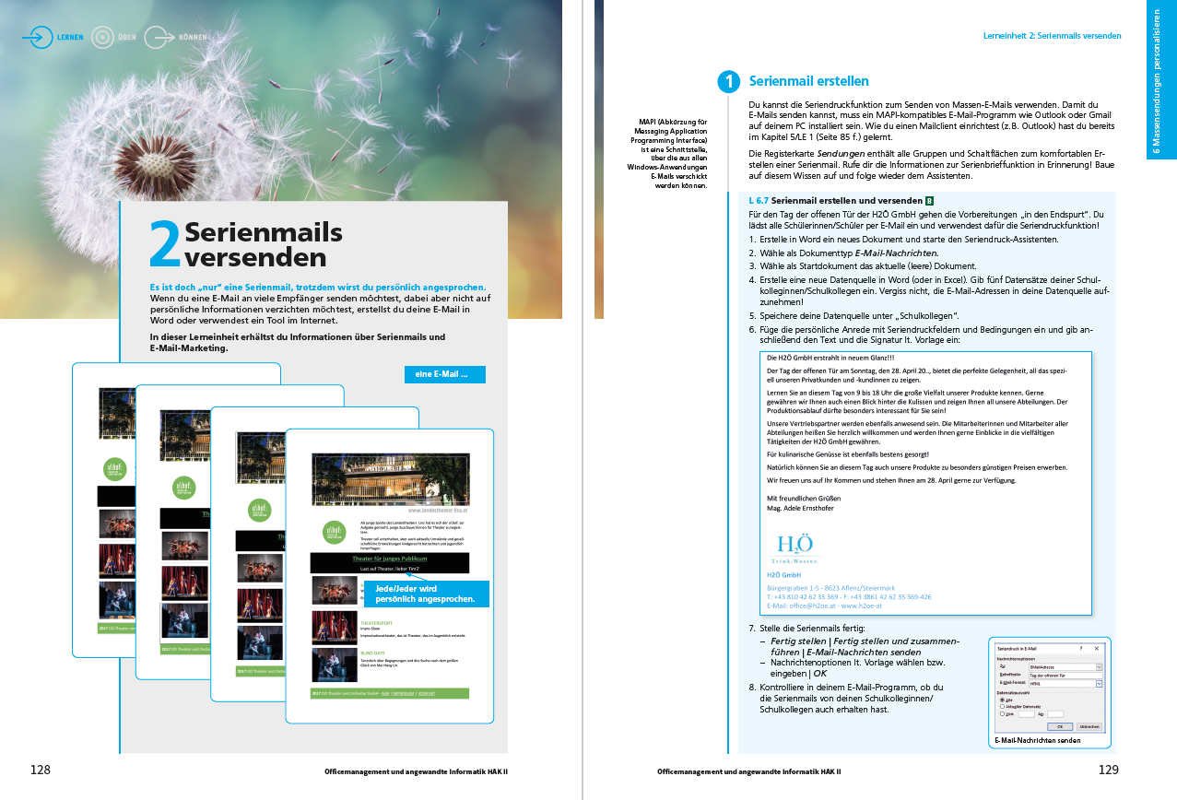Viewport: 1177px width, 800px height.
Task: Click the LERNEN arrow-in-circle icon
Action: (x=38, y=38)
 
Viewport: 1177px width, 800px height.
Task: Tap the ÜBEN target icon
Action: (x=102, y=38)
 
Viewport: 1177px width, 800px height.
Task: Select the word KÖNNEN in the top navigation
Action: (x=194, y=38)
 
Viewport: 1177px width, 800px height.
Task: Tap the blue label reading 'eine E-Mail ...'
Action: (x=443, y=374)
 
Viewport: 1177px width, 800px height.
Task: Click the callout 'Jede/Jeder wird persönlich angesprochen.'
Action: (x=426, y=594)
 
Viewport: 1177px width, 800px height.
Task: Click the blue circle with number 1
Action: (x=729, y=82)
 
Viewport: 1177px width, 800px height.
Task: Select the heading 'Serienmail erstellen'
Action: (x=808, y=82)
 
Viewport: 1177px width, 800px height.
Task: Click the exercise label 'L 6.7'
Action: (x=759, y=200)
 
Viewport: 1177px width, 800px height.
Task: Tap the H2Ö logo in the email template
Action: (x=794, y=547)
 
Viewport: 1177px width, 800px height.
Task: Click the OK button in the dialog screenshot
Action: (x=1059, y=726)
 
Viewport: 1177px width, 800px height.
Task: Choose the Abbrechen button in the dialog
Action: (x=1089, y=726)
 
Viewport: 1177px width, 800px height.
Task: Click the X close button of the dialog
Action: (x=1096, y=649)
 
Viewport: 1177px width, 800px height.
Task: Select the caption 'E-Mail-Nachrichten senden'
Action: (x=1038, y=740)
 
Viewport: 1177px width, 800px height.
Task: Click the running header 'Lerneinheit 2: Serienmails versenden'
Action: (x=1053, y=36)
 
